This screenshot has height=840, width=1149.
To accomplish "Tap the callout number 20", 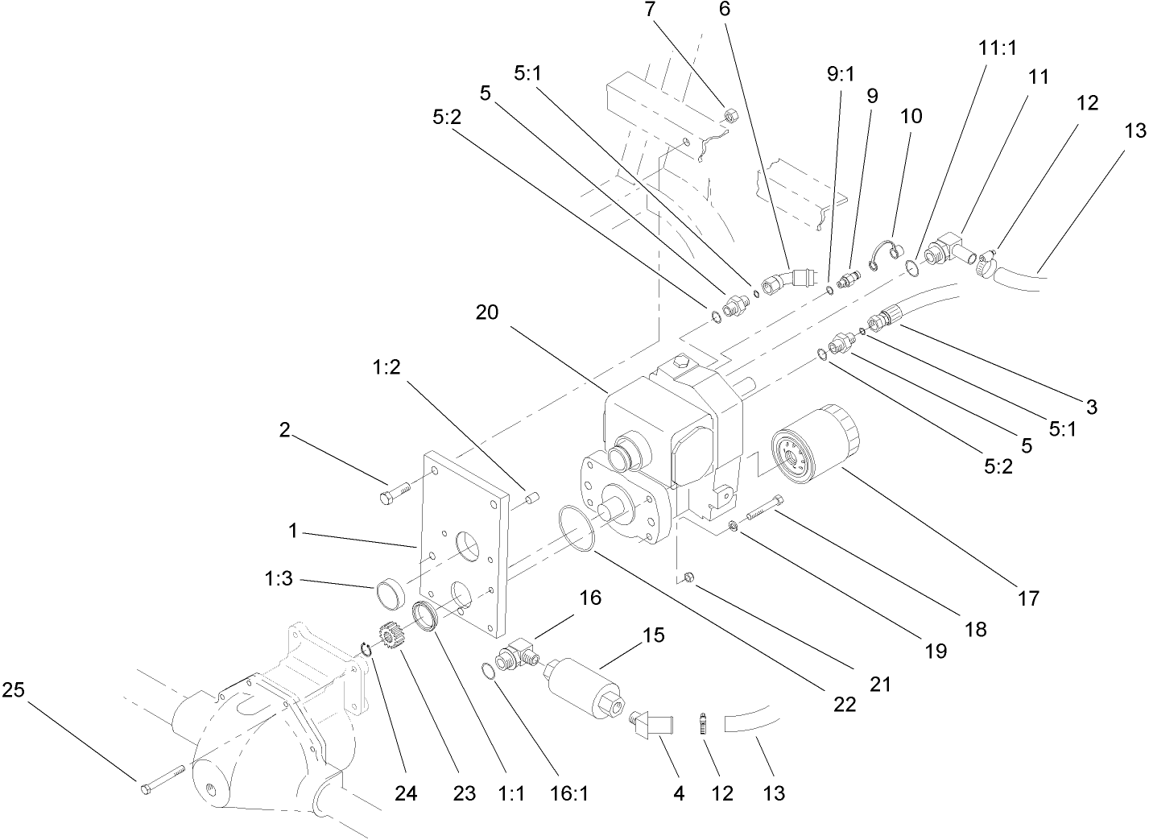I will [x=486, y=312].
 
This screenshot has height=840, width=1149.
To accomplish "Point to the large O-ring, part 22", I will [x=576, y=529].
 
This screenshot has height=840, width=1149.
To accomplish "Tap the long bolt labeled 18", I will [x=764, y=508].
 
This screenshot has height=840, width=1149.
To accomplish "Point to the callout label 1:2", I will [x=386, y=367].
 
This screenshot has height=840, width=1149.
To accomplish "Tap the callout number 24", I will [x=406, y=793].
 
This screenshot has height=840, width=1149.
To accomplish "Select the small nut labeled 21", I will [x=688, y=577].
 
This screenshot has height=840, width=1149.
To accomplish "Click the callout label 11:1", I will [x=998, y=48].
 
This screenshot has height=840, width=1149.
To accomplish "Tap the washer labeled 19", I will [x=734, y=527].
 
